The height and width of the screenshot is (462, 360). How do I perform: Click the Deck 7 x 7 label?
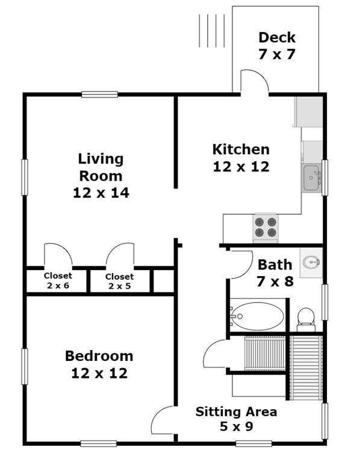click(277, 46)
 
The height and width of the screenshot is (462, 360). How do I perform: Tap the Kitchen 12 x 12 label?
click(241, 158)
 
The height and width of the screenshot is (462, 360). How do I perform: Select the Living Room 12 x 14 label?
click(101, 176)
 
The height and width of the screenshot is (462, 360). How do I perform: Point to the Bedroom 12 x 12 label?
click(99, 365)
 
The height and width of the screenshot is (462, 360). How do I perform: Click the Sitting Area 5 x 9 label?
click(236, 419)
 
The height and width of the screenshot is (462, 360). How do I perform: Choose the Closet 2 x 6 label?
click(58, 280)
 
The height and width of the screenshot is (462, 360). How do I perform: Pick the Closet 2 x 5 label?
click(119, 281)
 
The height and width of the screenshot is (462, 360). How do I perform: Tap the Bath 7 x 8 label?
click(275, 273)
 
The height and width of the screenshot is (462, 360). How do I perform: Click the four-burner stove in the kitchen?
click(265, 228)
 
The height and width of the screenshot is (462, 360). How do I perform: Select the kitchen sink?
click(311, 178)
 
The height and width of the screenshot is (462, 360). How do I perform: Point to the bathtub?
click(258, 316)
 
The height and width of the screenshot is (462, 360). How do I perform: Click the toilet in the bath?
click(306, 319)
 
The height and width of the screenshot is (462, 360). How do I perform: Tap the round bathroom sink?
click(311, 262)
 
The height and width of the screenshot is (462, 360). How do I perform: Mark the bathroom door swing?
click(242, 265)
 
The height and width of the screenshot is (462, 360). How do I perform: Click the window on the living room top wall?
click(100, 94)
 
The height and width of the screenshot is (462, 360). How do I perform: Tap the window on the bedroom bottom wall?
click(99, 443)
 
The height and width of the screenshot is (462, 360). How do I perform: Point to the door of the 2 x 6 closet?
click(58, 255)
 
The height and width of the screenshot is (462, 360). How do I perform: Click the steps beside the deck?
click(212, 31)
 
